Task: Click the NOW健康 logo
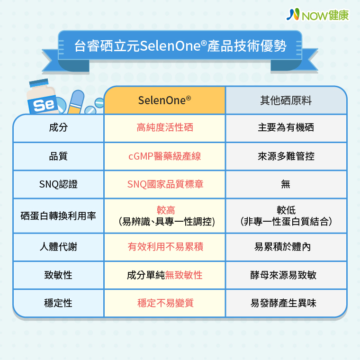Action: click(317, 15)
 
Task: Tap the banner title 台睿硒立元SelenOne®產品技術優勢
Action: click(180, 45)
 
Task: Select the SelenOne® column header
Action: click(165, 100)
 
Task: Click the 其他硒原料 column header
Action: click(286, 100)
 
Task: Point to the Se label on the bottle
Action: click(44, 105)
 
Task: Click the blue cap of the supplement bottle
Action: click(39, 83)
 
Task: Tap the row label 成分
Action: click(58, 127)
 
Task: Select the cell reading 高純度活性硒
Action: click(165, 127)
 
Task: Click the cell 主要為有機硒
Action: click(286, 127)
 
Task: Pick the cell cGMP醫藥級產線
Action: click(165, 156)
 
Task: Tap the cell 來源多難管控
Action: click(286, 156)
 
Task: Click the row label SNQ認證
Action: click(58, 184)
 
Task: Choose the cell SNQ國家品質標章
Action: click(165, 184)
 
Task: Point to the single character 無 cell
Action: click(286, 184)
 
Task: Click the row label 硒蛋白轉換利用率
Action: click(58, 216)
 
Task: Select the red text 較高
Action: click(166, 210)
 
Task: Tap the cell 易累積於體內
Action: click(282, 247)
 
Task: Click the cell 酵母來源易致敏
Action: click(283, 275)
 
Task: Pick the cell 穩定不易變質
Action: click(165, 303)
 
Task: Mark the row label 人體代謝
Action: click(58, 247)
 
